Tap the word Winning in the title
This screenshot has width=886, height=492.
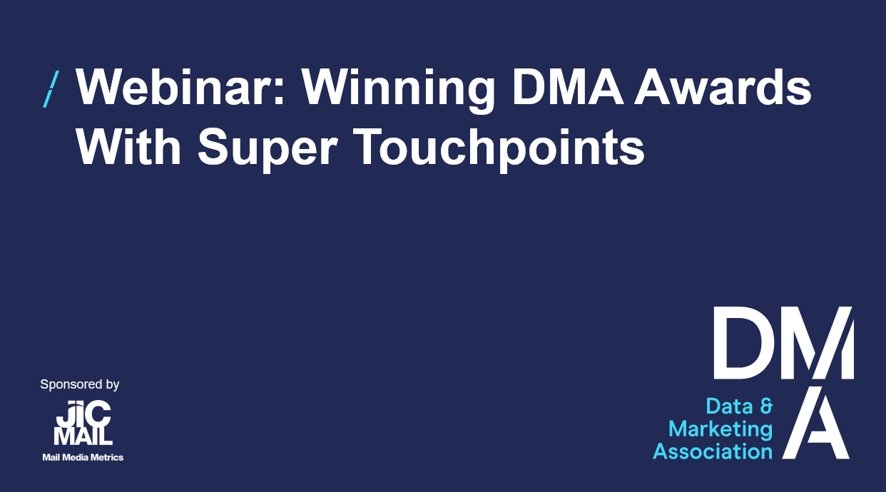click(x=398, y=91)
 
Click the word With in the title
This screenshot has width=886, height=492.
click(x=128, y=146)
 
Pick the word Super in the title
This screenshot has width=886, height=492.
click(x=268, y=150)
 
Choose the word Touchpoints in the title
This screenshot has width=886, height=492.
click(x=499, y=150)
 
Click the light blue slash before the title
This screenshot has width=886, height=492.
click(x=51, y=89)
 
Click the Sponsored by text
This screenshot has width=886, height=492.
click(x=79, y=384)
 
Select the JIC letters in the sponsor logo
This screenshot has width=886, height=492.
click(x=83, y=413)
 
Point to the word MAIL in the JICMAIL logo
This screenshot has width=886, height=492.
click(x=83, y=436)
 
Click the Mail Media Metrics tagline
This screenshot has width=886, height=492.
click(x=83, y=458)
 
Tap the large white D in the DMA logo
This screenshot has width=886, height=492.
click(x=738, y=342)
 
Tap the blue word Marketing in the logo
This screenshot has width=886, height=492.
click(x=720, y=430)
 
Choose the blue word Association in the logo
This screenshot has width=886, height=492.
click(x=713, y=451)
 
